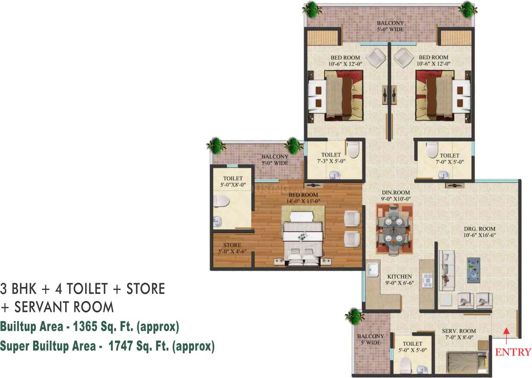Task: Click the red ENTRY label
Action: click(513, 352)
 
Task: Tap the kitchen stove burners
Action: click(427, 279)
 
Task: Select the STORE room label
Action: click(232, 245)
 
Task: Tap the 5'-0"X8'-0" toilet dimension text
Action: click(233, 185)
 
